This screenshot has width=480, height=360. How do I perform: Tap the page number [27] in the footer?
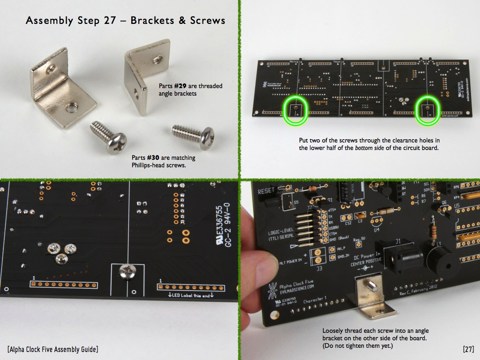(468, 349)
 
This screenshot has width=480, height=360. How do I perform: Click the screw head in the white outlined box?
(127, 270)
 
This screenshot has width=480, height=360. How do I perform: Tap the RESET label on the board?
(266, 191)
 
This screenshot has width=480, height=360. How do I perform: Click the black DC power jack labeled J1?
(401, 255)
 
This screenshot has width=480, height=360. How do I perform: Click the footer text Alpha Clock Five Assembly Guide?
(52, 349)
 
